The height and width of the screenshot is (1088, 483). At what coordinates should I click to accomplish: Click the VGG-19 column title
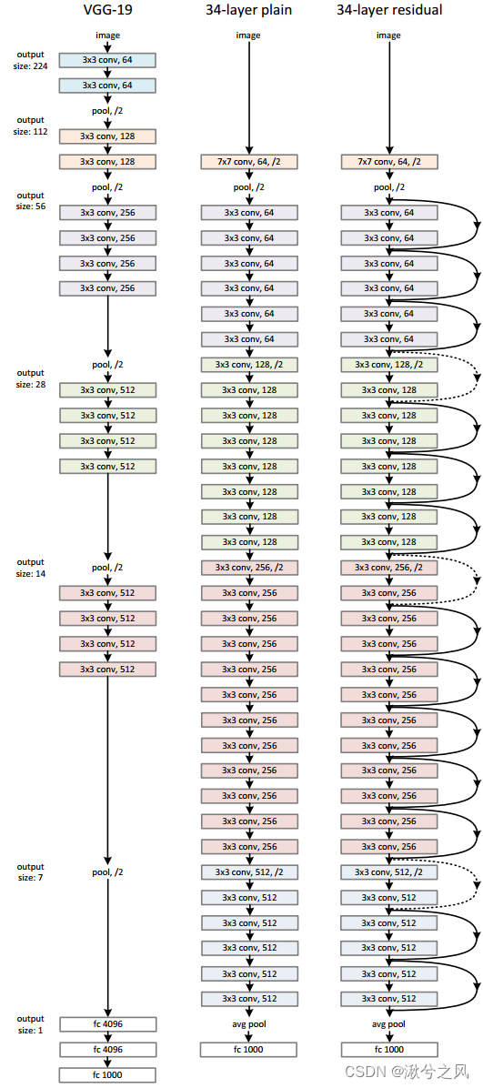coord(107,11)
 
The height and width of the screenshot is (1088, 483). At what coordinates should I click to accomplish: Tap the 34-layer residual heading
coord(388,11)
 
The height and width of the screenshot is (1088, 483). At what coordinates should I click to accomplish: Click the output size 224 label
coord(29,60)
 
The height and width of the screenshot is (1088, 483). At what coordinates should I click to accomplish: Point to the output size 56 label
coord(29,200)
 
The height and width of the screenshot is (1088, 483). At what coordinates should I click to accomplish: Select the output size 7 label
coord(29,871)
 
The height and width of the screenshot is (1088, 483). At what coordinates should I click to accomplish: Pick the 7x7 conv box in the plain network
coord(248,162)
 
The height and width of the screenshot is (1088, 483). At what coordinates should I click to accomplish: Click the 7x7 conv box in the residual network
coord(388,162)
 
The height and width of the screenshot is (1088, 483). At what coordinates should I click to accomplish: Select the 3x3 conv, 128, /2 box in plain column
coord(248,365)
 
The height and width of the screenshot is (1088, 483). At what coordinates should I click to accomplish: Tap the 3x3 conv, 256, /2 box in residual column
coord(388,567)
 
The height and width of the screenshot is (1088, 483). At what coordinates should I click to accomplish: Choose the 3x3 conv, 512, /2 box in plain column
coord(248,871)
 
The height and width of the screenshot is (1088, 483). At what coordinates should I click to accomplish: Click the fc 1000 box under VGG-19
coord(107,1074)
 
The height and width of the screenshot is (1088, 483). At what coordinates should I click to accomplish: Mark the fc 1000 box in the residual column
coord(388,1049)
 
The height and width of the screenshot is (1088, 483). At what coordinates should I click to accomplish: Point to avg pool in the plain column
coord(248,1023)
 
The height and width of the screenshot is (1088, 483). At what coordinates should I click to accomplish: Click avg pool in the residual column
coord(388,1023)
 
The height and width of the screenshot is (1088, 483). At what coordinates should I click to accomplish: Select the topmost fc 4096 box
coord(107,1023)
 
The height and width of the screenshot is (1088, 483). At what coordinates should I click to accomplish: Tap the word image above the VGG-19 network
coord(107,35)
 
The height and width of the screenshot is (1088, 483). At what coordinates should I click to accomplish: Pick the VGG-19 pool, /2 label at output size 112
coord(107,111)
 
